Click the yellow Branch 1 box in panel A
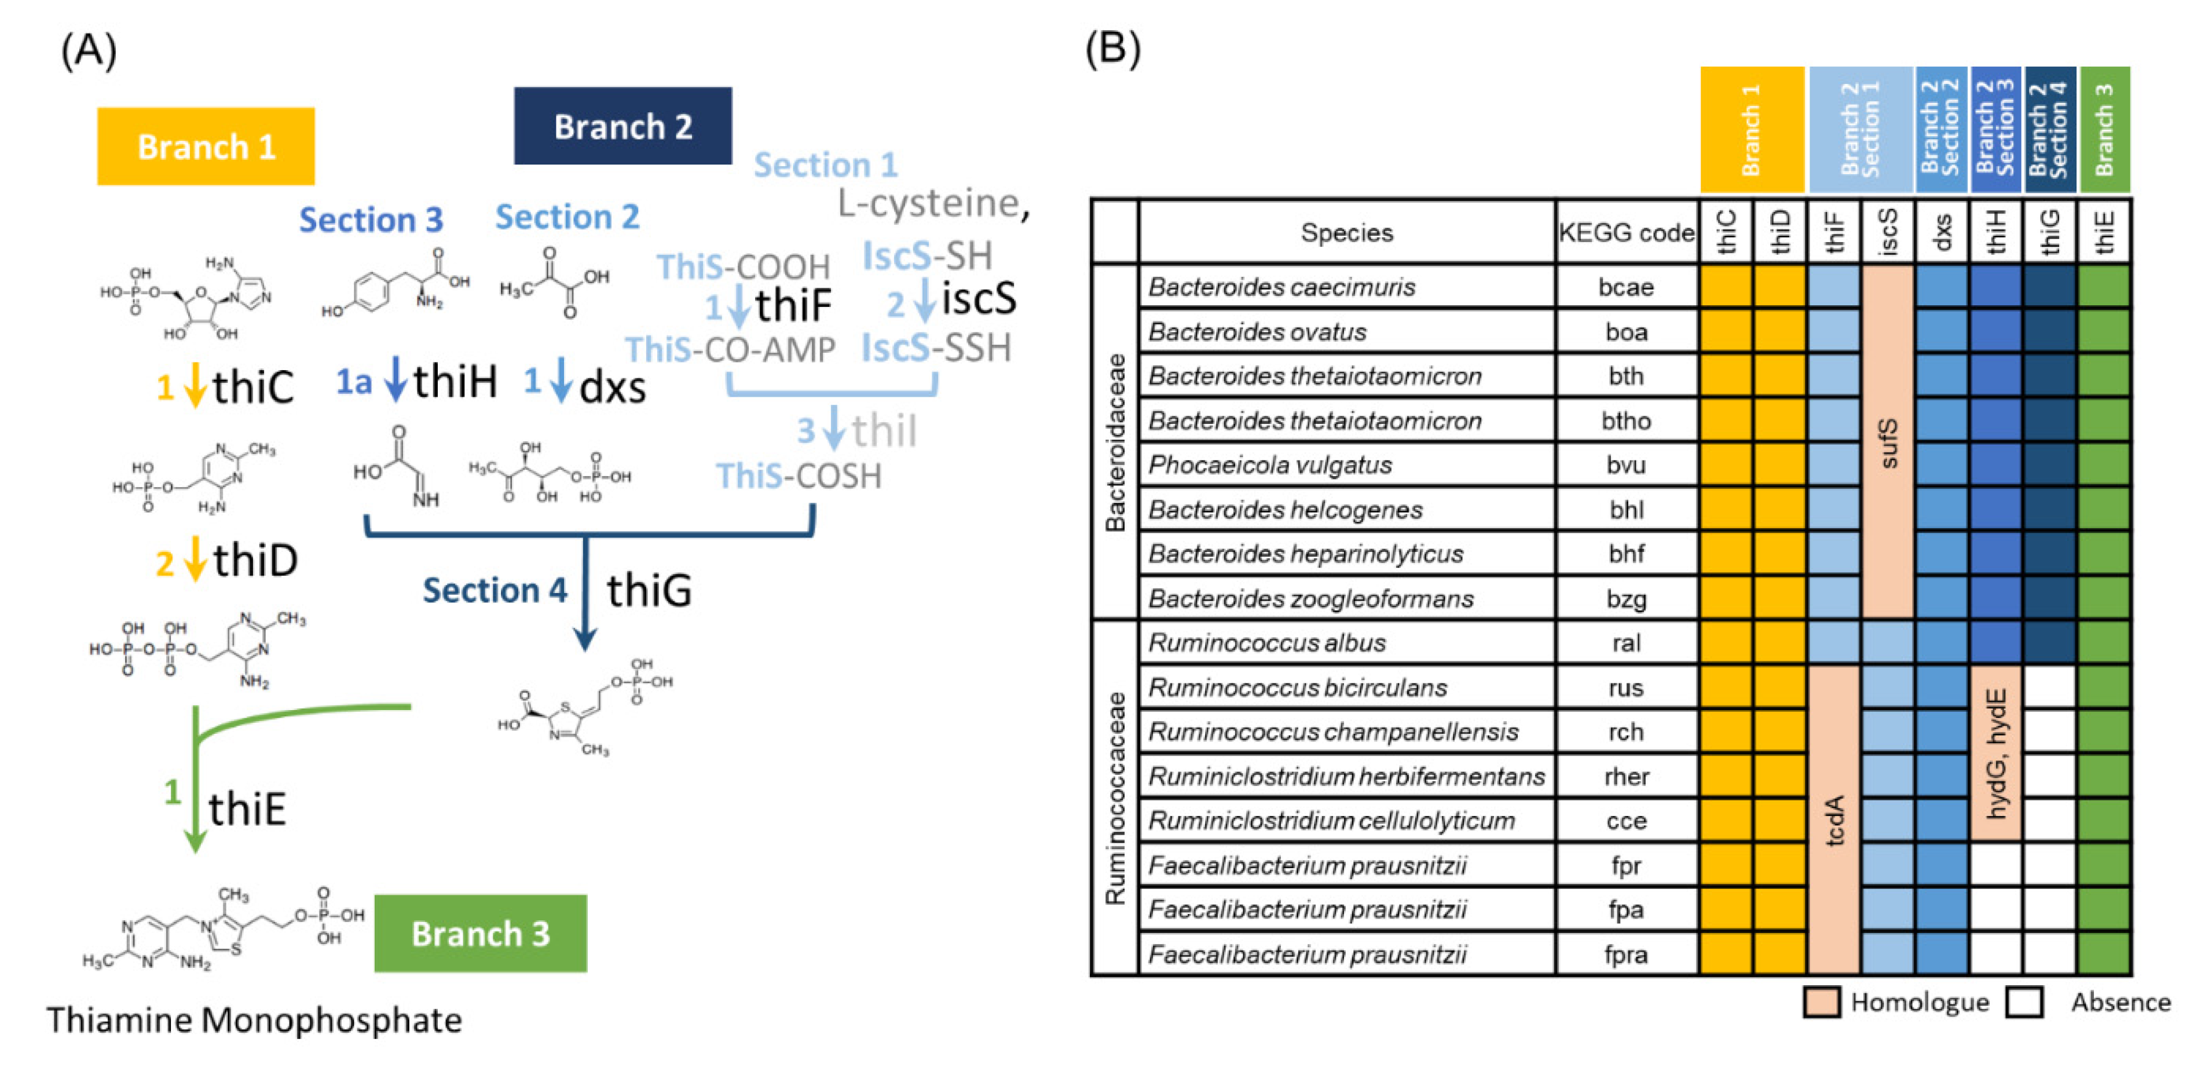pos(206,147)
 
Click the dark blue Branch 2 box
pos(623,126)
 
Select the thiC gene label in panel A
pos(253,387)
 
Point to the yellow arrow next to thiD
pos(195,559)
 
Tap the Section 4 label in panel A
pos(495,591)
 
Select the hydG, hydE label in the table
pos(1995,752)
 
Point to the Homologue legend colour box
pos(1821,1002)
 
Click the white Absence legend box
pos(2024,1002)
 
